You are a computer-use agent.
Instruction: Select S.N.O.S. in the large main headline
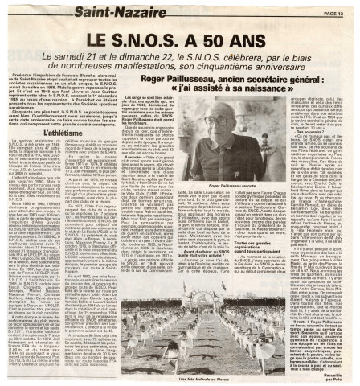[x=150, y=38]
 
